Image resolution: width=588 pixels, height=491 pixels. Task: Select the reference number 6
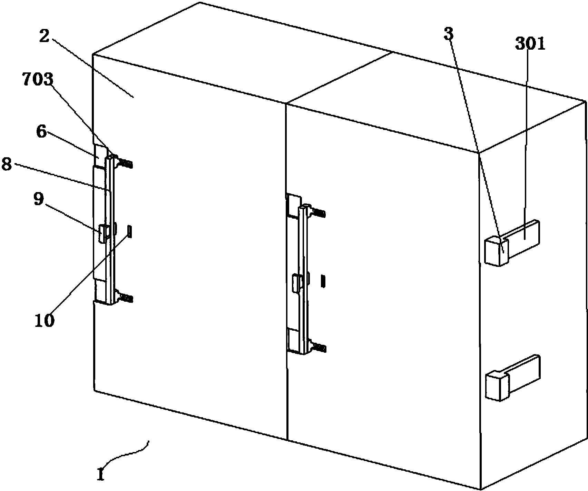point(41,132)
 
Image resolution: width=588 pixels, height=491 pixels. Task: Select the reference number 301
point(530,44)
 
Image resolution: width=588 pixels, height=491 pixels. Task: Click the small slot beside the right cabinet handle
point(323,281)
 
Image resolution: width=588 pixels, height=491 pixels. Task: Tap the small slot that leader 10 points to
point(130,231)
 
